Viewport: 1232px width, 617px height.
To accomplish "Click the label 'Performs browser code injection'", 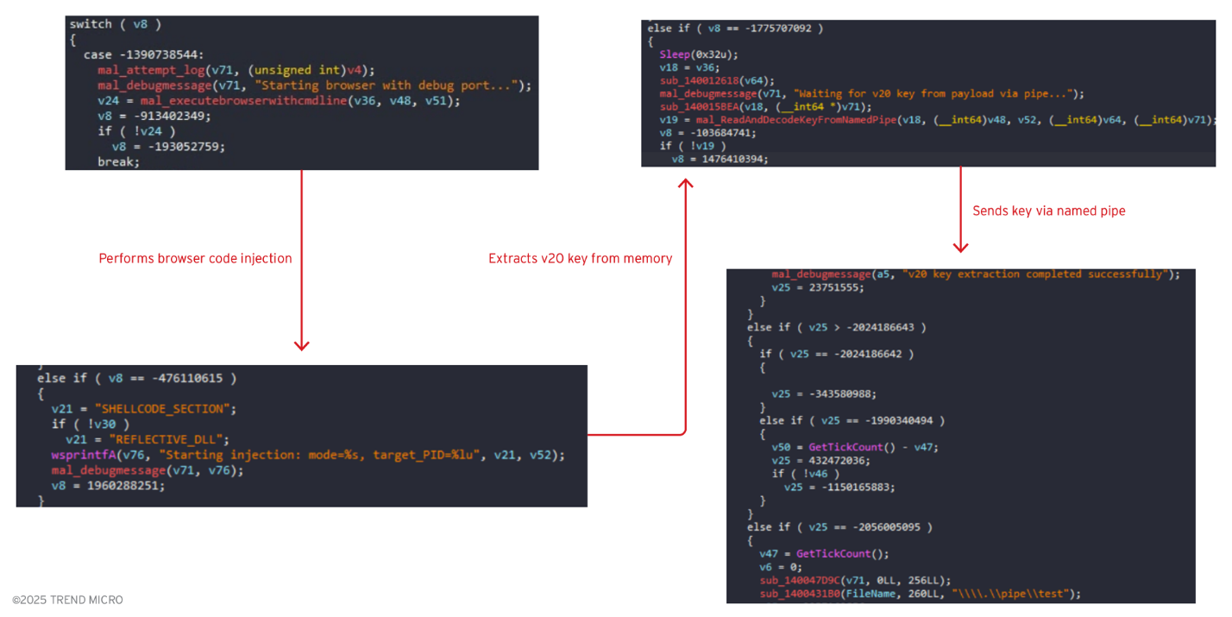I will point(195,258).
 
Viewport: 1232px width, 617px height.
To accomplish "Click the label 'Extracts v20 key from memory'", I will point(580,258).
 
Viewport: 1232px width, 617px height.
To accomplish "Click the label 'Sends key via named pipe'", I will point(1048,211).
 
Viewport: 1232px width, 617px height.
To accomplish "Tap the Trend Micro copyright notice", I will point(67,600).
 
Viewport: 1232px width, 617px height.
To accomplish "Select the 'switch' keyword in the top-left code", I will point(91,24).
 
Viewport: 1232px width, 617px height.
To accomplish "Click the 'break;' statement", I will point(118,161).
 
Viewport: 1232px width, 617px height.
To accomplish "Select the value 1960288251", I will point(126,486).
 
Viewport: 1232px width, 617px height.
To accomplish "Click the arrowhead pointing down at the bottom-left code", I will point(301,345).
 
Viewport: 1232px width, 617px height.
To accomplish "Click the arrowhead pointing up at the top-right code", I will point(686,184).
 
